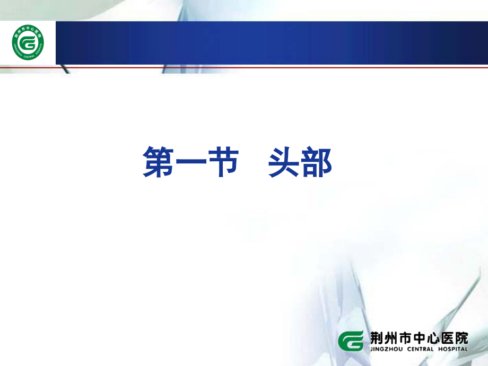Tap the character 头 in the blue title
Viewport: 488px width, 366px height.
point(284,162)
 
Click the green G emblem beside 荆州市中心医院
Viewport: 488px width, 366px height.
point(351,340)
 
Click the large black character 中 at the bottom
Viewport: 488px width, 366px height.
point(421,337)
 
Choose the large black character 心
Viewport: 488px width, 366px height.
point(436,337)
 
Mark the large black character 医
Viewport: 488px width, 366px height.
point(452,337)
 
